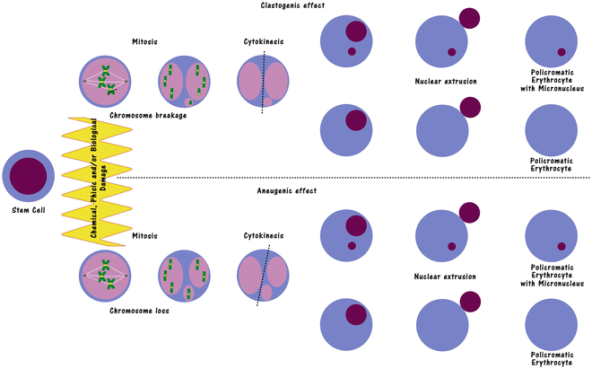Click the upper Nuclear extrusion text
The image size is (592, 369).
coord(446,82)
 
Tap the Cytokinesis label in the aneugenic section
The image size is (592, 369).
coord(262,237)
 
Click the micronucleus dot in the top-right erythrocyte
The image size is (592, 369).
coord(561,51)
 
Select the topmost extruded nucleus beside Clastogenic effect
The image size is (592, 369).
coord(468,17)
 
